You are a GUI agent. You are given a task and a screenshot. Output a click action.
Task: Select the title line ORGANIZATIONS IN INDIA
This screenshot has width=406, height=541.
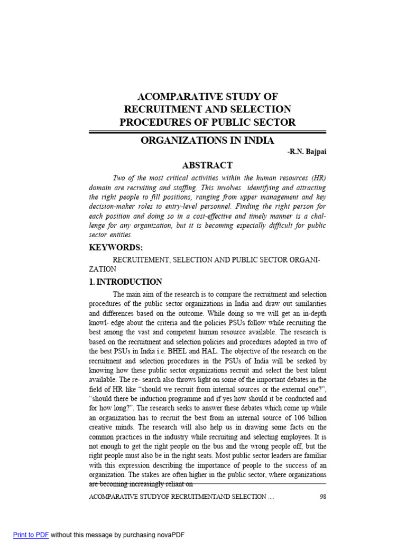coord(207,141)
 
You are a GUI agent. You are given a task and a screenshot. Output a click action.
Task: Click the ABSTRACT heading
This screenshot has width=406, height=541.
coord(207,165)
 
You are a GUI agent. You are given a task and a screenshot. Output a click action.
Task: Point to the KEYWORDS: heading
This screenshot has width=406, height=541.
coord(116,248)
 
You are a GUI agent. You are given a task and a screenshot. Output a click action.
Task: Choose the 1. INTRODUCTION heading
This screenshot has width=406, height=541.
coord(125,282)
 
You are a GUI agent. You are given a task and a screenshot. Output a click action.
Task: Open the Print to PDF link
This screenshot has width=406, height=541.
coord(31,535)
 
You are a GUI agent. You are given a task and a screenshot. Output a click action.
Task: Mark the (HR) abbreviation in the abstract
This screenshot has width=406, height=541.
coord(316,178)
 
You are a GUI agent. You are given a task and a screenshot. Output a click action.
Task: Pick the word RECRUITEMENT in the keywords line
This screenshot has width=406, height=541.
coord(140,260)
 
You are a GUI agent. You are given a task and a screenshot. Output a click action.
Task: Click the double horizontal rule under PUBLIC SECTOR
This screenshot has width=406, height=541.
coord(207,132)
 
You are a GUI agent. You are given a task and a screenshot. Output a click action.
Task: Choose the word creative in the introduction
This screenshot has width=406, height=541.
coord(101,427)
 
